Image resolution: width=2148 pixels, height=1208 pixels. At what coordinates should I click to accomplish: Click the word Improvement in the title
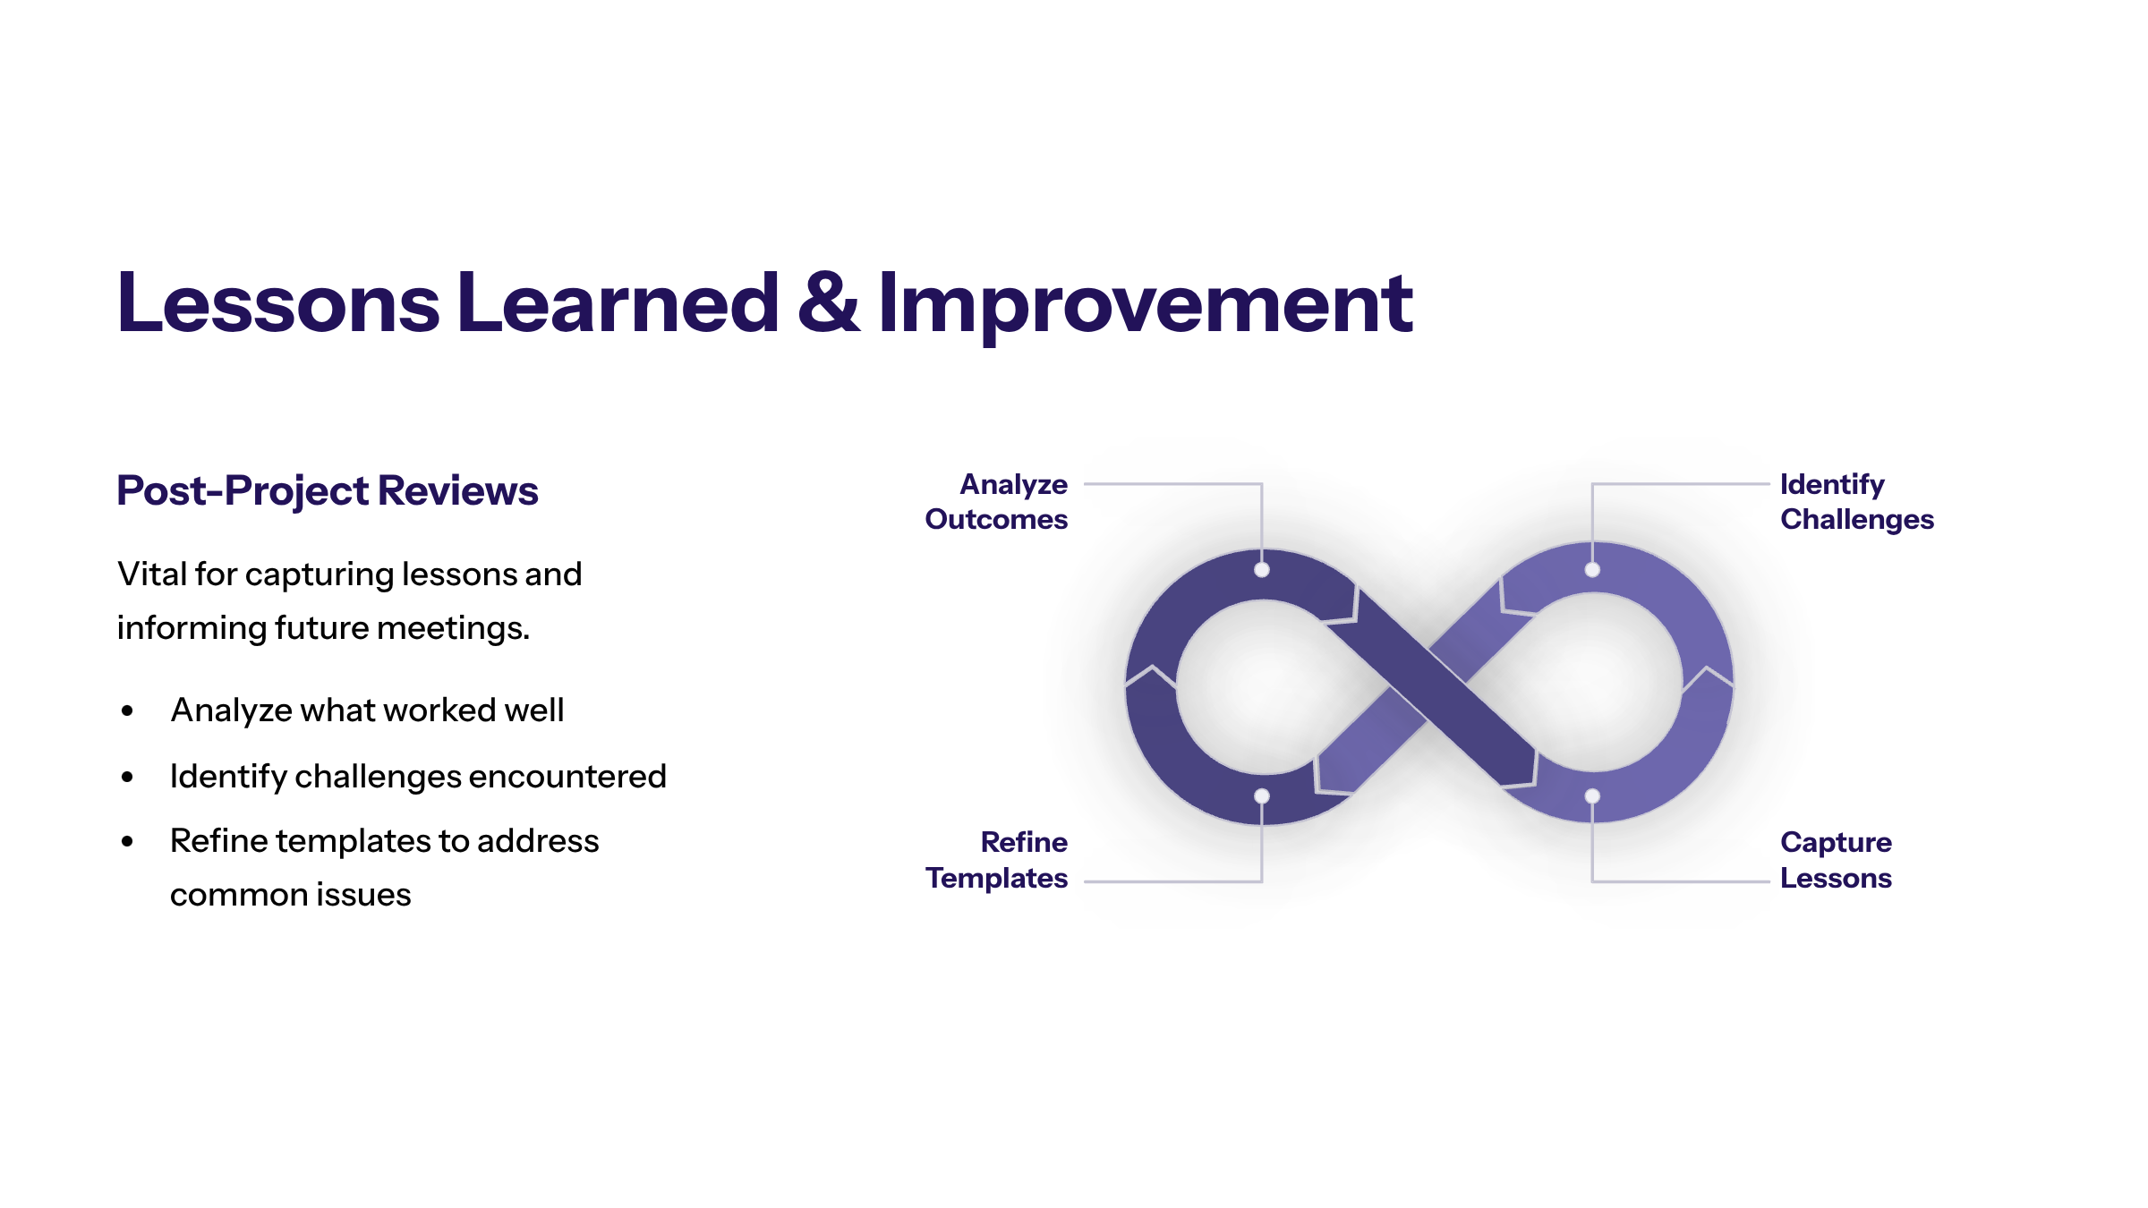(1146, 306)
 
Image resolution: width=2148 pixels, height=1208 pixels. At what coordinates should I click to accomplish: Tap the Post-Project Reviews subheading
(328, 491)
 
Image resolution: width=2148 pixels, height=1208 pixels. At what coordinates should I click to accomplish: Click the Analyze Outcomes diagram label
(996, 502)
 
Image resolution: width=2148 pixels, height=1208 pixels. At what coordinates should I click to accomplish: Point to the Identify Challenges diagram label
(1857, 502)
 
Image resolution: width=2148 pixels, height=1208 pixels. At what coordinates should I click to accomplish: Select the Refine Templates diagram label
(996, 860)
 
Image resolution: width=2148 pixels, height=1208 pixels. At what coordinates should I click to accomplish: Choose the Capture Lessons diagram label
(1836, 860)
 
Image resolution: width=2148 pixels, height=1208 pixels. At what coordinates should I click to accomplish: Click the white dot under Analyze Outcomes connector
(1262, 570)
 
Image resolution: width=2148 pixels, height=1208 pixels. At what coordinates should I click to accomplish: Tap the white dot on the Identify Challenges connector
(1592, 570)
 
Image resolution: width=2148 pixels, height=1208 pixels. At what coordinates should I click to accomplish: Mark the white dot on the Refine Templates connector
(1262, 795)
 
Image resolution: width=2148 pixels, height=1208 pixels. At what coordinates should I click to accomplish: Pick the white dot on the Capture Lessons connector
(1592, 795)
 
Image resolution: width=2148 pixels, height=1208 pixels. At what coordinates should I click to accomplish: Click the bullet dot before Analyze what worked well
(127, 711)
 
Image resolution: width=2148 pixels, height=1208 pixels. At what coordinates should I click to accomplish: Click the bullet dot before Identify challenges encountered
(127, 778)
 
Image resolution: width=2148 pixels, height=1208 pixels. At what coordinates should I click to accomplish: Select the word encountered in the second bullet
(567, 776)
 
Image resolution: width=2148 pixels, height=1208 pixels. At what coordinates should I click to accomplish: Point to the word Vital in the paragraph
(151, 574)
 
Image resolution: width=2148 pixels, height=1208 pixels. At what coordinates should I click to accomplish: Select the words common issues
(290, 895)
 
